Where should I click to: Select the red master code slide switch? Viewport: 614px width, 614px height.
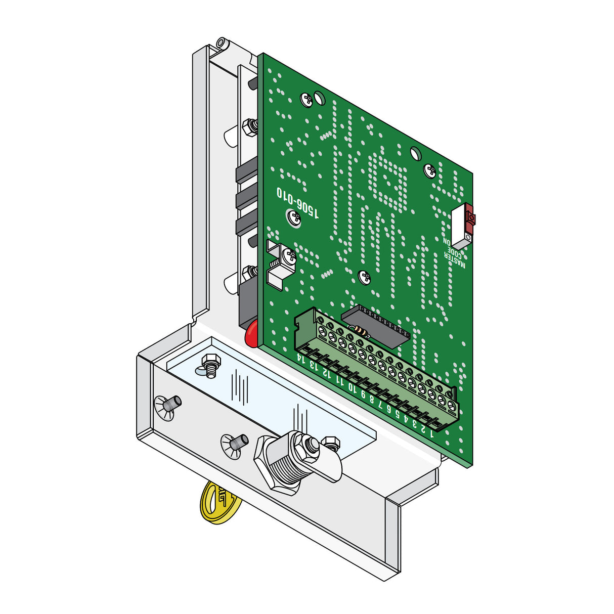point(470,218)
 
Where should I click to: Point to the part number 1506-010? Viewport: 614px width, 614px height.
point(298,202)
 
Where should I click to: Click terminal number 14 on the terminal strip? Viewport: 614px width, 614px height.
point(301,359)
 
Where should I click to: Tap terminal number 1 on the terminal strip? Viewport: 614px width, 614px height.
point(431,433)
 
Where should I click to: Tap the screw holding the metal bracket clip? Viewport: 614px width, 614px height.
point(290,256)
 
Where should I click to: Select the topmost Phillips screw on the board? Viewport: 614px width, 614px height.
point(306,100)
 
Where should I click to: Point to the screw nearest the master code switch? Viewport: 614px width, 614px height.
point(429,171)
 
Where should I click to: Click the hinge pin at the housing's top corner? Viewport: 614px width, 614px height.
point(222,42)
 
